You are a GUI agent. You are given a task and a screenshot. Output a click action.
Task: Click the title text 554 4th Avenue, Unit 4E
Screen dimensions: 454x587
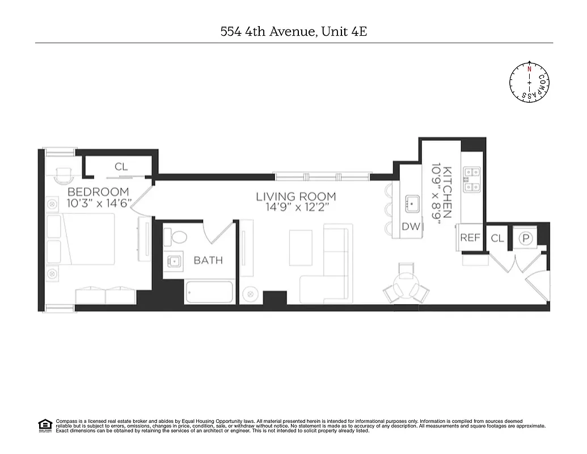coord(293,31)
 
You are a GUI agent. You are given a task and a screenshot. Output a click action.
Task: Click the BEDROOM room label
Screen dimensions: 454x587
coord(98,192)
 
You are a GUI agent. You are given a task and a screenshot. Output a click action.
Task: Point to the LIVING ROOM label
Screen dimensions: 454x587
coord(295,197)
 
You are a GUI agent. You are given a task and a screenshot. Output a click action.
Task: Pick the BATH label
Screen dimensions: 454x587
coord(208,260)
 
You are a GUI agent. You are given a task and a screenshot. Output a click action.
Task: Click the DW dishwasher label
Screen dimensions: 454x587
coord(411,227)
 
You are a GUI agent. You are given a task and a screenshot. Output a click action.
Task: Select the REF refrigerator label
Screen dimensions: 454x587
coord(470,238)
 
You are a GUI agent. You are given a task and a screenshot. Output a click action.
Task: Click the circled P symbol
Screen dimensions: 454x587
coord(526,239)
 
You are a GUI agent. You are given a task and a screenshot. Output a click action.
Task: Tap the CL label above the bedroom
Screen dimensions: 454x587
coord(121,167)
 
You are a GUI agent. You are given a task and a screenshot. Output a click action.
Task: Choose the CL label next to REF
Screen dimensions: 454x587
coord(497,238)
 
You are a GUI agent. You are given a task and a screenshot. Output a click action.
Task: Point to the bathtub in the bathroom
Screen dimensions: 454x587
coord(210,292)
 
